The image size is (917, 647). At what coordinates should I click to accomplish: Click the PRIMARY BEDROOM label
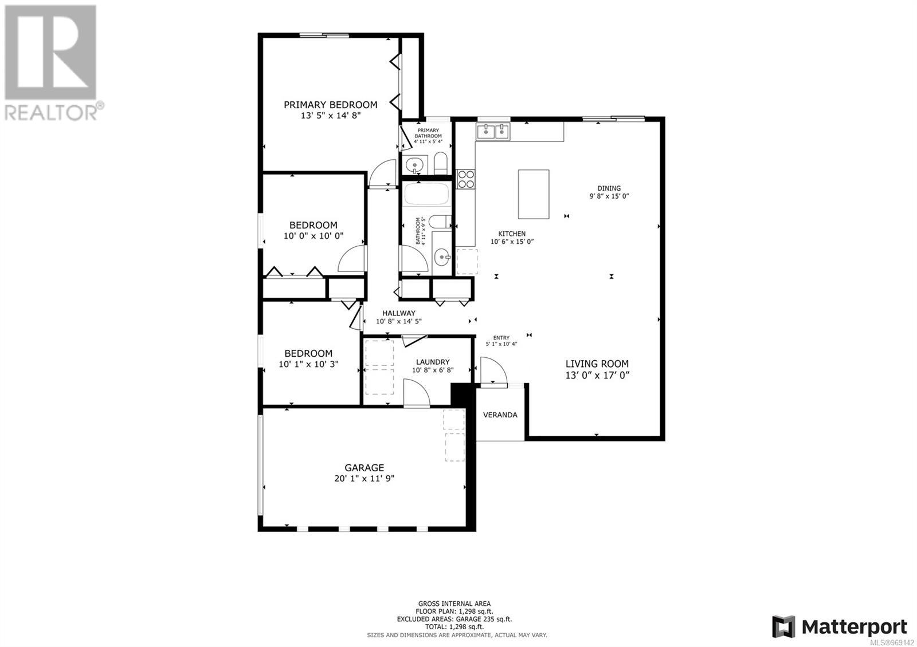[x=330, y=105]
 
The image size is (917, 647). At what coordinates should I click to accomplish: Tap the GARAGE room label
[x=364, y=467]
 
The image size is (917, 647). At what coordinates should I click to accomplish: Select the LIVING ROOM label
[x=597, y=364]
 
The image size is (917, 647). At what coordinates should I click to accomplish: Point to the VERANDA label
[x=500, y=415]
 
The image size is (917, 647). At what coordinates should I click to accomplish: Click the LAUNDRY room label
[x=433, y=362]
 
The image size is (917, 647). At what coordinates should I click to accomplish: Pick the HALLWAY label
[x=399, y=313]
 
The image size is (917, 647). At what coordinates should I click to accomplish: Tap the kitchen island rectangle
[x=534, y=194]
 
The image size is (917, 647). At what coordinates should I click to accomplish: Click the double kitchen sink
[x=492, y=131]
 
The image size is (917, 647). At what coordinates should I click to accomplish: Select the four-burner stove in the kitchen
[x=466, y=179]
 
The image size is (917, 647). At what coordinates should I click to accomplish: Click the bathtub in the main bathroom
[x=426, y=194]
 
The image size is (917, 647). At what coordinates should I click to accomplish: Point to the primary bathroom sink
[x=415, y=165]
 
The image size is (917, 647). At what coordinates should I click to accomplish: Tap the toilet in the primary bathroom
[x=441, y=163]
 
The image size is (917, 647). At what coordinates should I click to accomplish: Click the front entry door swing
[x=493, y=371]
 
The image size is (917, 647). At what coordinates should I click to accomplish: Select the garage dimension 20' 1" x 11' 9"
[x=364, y=478]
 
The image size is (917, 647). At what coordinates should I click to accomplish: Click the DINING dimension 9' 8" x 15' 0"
[x=609, y=196]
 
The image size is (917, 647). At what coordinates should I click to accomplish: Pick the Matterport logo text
[x=854, y=626]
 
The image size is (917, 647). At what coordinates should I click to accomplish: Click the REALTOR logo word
[x=51, y=112]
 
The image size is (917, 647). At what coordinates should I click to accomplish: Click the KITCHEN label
[x=512, y=234]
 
